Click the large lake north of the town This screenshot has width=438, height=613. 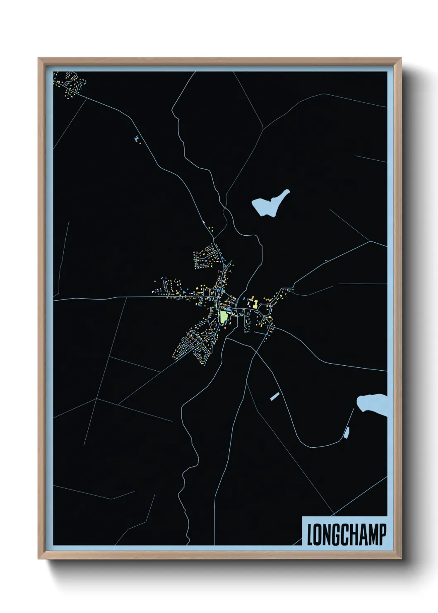(270, 203)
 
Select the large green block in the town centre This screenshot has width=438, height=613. (224, 317)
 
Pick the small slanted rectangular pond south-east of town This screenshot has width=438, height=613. (274, 396)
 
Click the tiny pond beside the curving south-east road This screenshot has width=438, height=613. (347, 433)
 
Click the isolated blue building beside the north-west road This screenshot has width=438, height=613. (136, 138)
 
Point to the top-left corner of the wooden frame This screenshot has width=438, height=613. (39, 58)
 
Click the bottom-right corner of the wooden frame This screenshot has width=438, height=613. (401, 558)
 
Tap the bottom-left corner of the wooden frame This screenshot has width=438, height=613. (39, 558)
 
